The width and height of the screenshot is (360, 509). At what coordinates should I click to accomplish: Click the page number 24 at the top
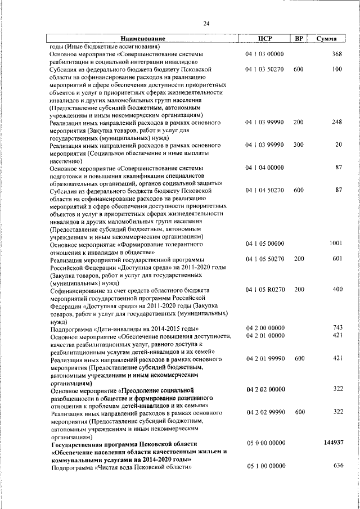[x=206, y=23]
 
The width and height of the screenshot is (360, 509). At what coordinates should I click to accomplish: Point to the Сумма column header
[x=327, y=38]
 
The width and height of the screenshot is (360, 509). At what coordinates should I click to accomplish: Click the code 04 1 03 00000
[x=265, y=54]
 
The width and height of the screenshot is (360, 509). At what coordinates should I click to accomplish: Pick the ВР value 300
[x=298, y=145]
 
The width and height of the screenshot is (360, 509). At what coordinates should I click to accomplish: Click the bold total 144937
[x=334, y=443]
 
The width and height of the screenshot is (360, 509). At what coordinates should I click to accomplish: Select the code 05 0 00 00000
[x=265, y=443]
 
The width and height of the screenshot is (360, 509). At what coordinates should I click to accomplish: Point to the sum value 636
[x=337, y=466]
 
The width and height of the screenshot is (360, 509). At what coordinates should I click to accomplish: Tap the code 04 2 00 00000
[x=265, y=327]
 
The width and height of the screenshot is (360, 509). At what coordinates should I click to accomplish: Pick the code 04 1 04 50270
[x=265, y=190]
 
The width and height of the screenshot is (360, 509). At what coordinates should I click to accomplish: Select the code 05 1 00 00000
[x=265, y=466]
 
